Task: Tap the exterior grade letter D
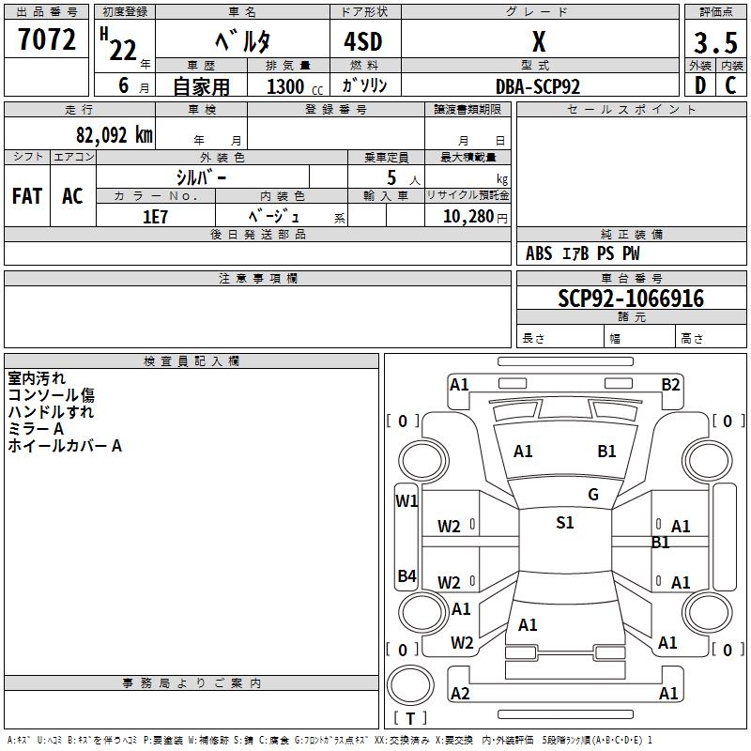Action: tap(699, 84)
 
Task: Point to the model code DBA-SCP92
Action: tap(538, 85)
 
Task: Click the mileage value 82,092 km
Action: tap(114, 134)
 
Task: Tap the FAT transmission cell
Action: tap(26, 195)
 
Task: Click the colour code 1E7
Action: tap(155, 216)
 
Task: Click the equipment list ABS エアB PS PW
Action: tap(582, 253)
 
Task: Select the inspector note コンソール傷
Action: tap(51, 395)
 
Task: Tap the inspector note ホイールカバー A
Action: tap(65, 446)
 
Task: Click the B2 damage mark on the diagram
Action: tap(670, 384)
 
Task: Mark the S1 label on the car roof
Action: tap(564, 523)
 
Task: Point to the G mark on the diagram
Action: tap(592, 495)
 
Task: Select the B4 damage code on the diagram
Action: tap(406, 576)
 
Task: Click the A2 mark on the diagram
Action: tap(460, 693)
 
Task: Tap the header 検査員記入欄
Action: tap(192, 360)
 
